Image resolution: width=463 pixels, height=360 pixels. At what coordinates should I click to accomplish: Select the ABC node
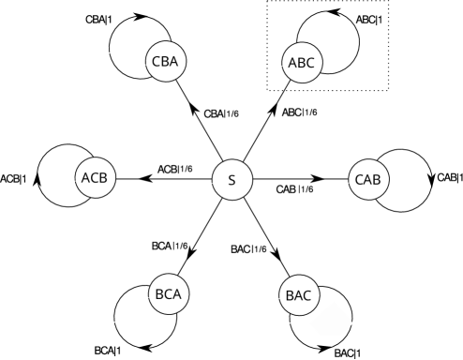[302, 64]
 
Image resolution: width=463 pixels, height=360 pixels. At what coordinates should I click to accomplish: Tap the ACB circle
[96, 178]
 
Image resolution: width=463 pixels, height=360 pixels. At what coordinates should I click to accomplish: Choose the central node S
[232, 180]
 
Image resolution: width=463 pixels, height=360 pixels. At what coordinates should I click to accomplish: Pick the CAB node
[368, 179]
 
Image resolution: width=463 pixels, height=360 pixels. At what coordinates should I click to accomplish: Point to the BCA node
[169, 294]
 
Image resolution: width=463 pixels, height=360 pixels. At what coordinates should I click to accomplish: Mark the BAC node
[299, 296]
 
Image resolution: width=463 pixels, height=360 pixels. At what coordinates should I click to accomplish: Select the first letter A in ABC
[292, 64]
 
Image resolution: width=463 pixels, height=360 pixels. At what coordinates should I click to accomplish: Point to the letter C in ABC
[311, 64]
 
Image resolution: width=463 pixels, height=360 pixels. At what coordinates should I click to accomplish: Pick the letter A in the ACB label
[86, 178]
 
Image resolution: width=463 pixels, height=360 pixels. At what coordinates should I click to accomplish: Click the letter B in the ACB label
[105, 178]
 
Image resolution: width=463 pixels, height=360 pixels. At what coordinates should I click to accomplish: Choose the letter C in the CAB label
[359, 179]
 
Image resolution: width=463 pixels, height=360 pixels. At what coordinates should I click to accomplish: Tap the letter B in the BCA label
[159, 294]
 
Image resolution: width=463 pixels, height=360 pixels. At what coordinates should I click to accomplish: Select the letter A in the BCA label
[178, 294]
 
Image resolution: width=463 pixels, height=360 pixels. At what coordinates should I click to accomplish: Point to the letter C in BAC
[308, 296]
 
